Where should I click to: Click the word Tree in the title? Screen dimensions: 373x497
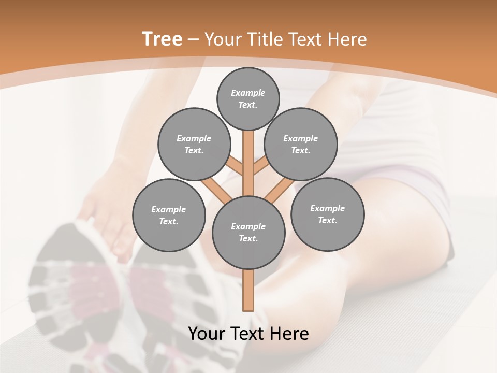pos(162,39)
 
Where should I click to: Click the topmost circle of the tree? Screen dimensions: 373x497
pos(248,98)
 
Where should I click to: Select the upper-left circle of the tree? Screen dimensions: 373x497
pos(194,144)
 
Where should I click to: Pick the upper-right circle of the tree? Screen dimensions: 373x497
pos(301,144)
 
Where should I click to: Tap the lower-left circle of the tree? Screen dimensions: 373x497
pos(168,215)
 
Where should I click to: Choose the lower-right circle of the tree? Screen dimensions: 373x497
pos(327,214)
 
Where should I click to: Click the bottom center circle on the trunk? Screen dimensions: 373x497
pos(248,232)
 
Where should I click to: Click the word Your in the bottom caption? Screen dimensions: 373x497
pos(207,334)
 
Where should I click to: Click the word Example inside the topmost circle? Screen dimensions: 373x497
pos(248,93)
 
